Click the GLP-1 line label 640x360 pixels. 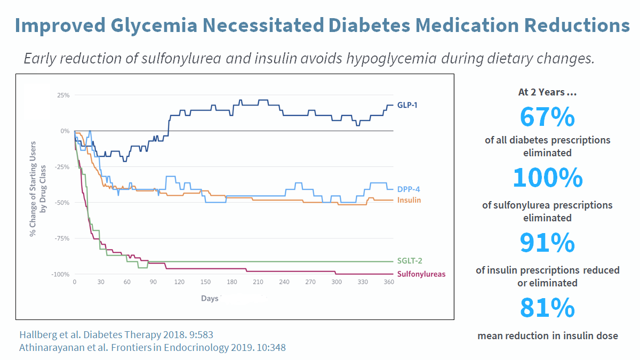tap(407, 105)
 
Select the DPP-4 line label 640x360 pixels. tap(408, 189)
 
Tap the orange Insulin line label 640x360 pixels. tap(409, 200)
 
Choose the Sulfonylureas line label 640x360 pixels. tap(421, 274)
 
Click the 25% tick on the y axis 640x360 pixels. tap(63, 95)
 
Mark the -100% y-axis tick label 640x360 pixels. tap(61, 274)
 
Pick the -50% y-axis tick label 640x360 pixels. tap(62, 203)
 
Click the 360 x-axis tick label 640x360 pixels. tap(389, 282)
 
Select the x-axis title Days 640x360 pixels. tap(210, 298)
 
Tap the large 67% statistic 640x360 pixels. tap(547, 117)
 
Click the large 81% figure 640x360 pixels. tap(547, 308)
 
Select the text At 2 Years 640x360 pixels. tap(547, 92)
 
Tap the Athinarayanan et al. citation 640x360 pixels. tap(153, 348)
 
